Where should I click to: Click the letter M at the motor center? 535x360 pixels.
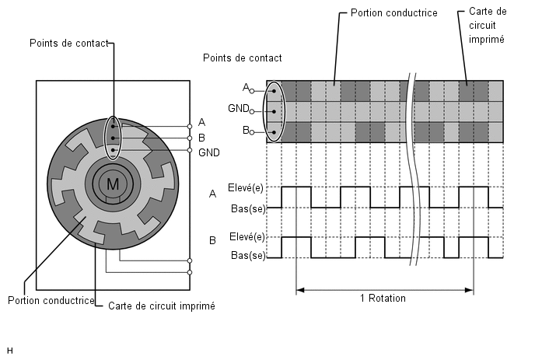click(113, 184)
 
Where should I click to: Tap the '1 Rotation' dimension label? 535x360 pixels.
click(383, 299)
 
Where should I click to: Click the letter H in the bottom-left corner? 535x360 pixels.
click(9, 351)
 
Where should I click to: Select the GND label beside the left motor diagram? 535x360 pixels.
click(209, 152)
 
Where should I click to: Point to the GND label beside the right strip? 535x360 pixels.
click(239, 109)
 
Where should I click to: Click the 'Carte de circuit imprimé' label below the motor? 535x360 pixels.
click(162, 306)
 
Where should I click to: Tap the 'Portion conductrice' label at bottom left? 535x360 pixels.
click(51, 300)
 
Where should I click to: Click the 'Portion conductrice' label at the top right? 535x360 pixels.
click(394, 13)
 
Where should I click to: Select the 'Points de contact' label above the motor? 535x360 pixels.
click(69, 44)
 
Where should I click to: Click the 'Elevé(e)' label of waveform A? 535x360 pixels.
click(245, 187)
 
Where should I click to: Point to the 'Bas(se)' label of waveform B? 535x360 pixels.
click(248, 255)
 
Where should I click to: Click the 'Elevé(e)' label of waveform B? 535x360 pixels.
click(247, 237)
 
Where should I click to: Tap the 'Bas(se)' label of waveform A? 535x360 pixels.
click(248, 208)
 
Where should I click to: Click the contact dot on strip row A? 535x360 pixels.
click(274, 91)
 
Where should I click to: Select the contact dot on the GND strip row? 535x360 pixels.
click(274, 112)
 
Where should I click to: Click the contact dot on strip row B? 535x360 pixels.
click(274, 132)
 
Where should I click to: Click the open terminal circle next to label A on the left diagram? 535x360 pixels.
click(190, 127)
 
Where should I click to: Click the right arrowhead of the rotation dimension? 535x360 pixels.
click(470, 290)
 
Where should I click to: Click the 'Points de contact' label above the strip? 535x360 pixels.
click(243, 58)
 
